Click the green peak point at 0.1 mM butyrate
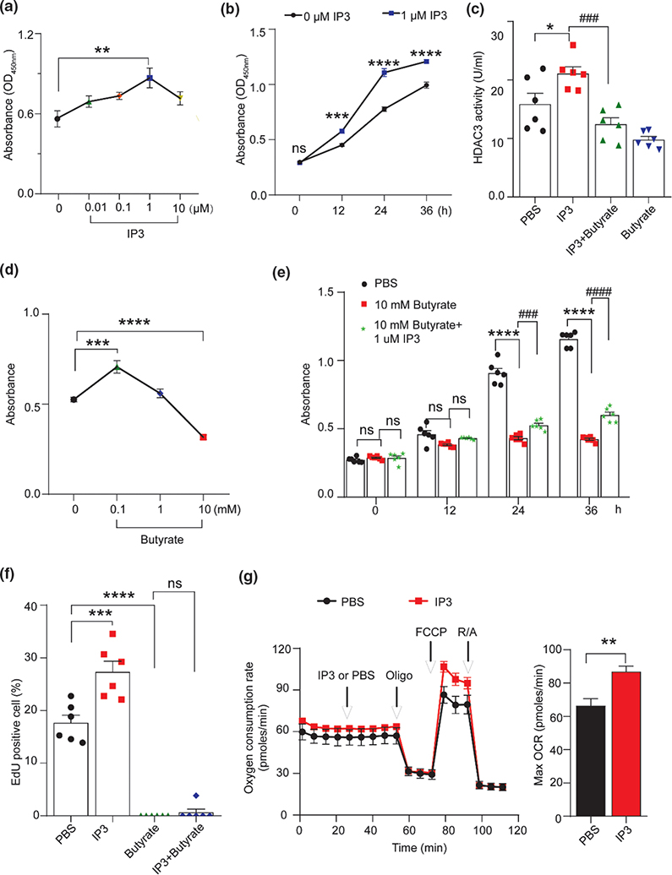[x=118, y=367]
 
